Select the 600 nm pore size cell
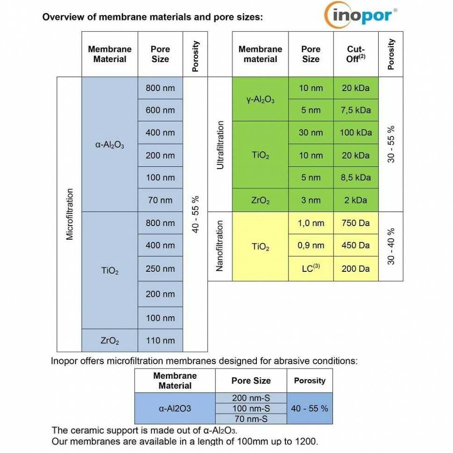click(160, 110)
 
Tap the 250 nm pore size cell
click(160, 269)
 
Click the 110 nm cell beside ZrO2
click(160, 340)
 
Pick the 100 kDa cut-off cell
click(356, 133)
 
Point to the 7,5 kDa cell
click(356, 110)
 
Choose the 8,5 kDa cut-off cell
click(356, 177)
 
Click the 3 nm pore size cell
click(311, 200)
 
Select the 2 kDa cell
click(356, 200)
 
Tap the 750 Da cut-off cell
click(356, 223)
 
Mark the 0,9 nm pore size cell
click(311, 245)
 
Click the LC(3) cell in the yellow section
click(311, 269)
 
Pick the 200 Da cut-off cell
click(356, 269)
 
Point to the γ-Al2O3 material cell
click(260, 99)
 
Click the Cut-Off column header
click(356, 54)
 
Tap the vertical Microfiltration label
click(70, 214)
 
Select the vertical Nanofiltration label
click(220, 246)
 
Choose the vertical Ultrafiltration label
click(220, 145)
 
